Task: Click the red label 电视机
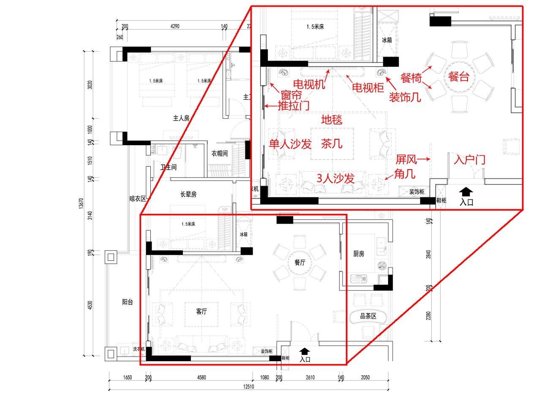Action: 309,84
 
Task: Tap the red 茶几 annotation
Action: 332,144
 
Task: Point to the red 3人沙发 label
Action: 335,178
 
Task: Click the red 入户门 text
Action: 469,160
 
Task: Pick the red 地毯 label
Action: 332,119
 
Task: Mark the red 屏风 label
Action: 406,160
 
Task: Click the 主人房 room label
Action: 181,118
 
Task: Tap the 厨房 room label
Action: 359,254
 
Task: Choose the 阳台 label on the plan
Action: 127,302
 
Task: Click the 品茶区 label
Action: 367,316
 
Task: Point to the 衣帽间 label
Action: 220,153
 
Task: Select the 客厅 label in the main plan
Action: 201,311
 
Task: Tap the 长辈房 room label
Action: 188,195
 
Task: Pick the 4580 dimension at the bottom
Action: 201,377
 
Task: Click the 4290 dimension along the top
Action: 174,26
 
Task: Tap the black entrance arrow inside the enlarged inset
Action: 466,192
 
